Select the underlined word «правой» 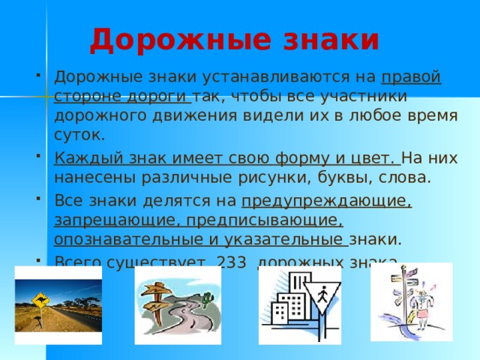[x=411, y=78]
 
